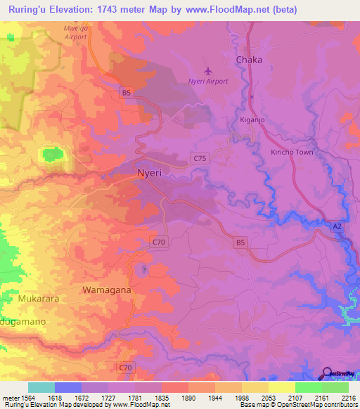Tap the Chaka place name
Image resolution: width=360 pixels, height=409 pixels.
coord(249,60)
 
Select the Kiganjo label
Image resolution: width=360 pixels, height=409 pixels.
coord(251,120)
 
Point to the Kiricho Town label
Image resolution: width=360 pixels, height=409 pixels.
coord(292,152)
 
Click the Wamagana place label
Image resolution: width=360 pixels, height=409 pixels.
coord(107,290)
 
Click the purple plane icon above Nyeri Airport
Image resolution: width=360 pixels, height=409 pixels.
coord(207,70)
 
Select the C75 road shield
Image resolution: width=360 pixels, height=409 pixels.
coord(200,160)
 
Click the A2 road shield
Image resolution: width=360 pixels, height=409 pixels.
coord(337,225)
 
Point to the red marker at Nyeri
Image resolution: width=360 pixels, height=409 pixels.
coord(143,176)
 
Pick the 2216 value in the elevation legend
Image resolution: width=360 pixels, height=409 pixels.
coord(349,398)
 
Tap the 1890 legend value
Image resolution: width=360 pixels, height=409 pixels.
coord(189,398)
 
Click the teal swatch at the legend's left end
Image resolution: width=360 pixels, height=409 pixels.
coord(41,387)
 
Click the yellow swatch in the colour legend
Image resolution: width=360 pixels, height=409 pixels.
coord(281,387)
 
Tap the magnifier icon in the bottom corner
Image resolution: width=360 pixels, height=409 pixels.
coord(326,373)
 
